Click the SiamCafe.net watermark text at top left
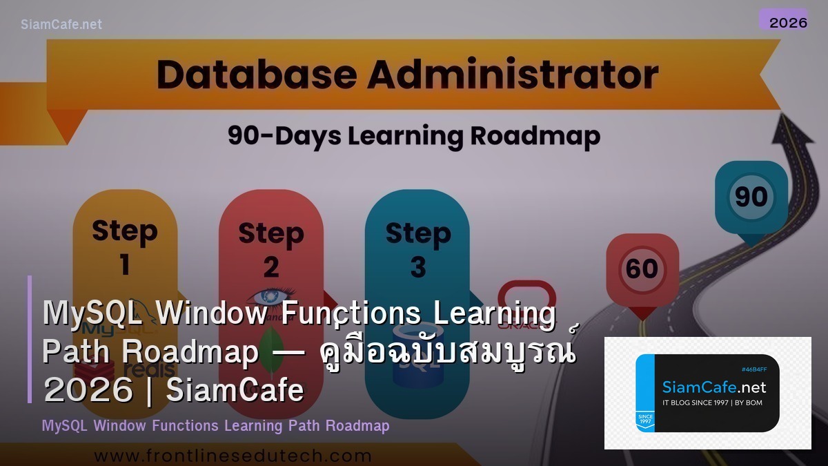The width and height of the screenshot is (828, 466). coord(61,24)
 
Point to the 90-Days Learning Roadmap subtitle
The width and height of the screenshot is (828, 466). coord(414,135)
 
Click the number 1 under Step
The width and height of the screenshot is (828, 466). coord(125,264)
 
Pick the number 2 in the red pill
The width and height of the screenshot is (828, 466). coord(271,266)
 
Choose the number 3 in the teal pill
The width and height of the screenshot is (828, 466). coord(418,266)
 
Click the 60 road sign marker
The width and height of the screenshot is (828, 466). coord(642,269)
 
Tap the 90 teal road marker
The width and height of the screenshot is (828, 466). coord(751,197)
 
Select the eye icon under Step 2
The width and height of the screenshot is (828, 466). coord(270,296)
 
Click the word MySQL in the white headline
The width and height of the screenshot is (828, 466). coord(93,313)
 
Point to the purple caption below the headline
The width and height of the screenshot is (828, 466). coord(215,425)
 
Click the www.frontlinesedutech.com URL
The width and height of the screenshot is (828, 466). coord(233,456)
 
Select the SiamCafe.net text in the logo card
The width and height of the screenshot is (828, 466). coord(713,387)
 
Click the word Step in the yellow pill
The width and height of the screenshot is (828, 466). coord(124,230)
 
